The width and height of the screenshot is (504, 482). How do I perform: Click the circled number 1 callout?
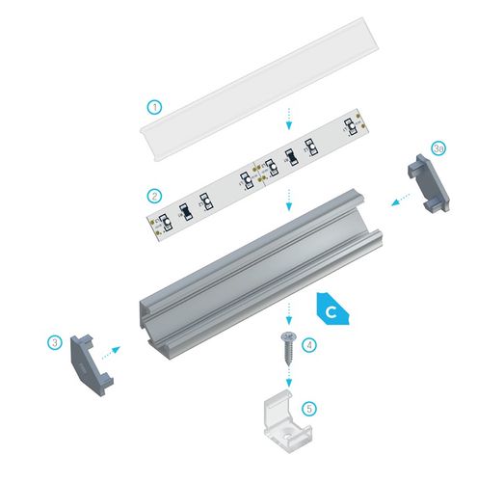pyautogui.click(x=154, y=105)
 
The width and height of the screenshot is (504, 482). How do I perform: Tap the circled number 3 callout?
pyautogui.click(x=56, y=340)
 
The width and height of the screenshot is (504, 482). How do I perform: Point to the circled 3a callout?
pyautogui.click(x=438, y=148)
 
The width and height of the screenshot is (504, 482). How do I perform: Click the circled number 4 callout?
pyautogui.click(x=309, y=343)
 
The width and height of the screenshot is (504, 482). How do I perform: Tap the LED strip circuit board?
pyautogui.click(x=254, y=174)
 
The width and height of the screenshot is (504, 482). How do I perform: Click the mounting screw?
pyautogui.click(x=287, y=341)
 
